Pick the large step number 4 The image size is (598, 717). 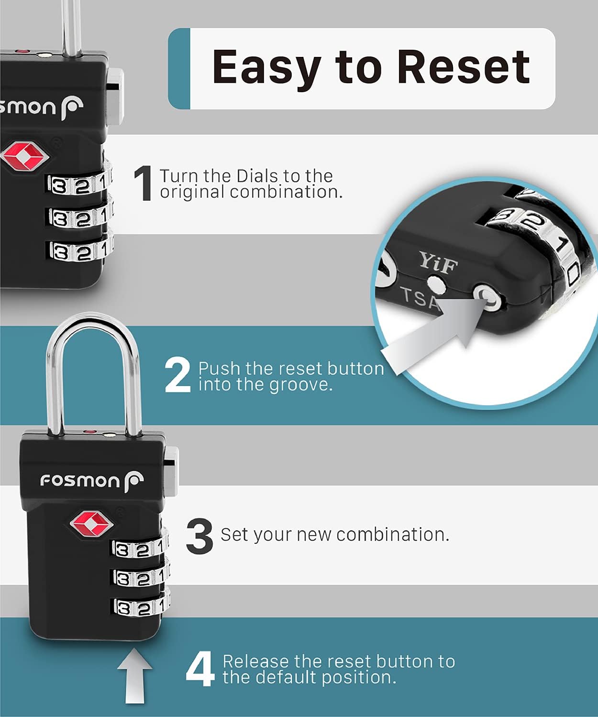coord(199,670)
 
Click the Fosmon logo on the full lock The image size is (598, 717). coord(91,480)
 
